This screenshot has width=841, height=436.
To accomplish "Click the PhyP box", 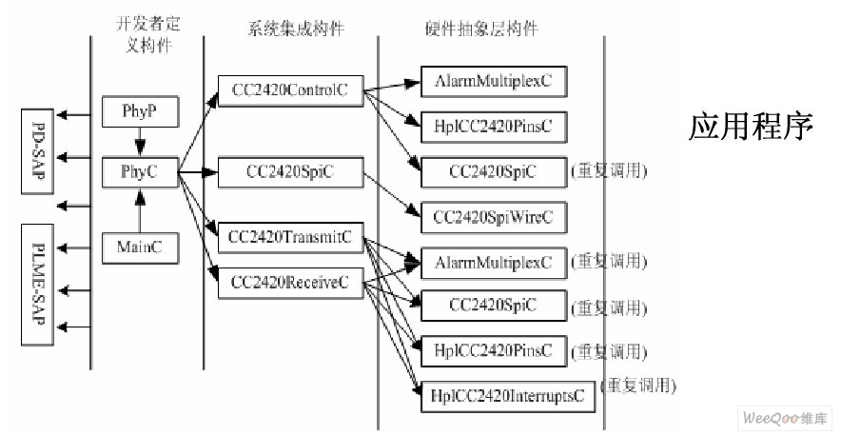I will coord(139,112).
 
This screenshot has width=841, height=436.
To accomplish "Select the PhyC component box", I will coord(139,172).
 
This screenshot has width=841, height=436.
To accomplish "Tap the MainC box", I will coord(139,248).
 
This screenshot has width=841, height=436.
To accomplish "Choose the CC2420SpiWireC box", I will coord(493,217).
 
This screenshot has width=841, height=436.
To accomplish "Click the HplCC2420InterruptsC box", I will coord(508,394).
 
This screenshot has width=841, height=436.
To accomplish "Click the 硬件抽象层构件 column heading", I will coord(480,29).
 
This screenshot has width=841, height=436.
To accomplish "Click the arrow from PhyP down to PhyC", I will coord(140,143).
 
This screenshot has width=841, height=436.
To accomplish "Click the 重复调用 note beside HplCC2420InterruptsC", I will coord(642,386).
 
